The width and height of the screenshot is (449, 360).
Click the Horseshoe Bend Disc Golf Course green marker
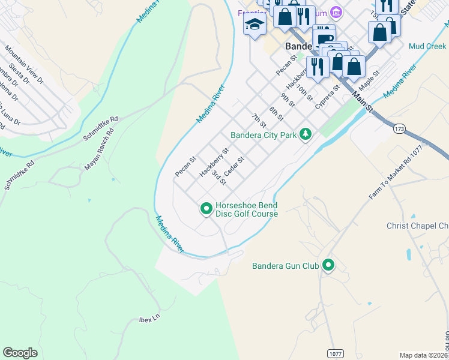pyautogui.click(x=206, y=209)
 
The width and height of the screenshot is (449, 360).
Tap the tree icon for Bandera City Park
pyautogui.click(x=306, y=134)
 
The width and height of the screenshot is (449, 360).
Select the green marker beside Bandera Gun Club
pyautogui.click(x=328, y=265)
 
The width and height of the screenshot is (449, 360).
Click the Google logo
pyautogui.click(x=20, y=352)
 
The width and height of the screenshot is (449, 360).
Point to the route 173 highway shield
pyautogui.click(x=399, y=128)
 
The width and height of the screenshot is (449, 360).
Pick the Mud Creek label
pyautogui.click(x=427, y=46)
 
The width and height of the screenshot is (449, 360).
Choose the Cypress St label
pyautogui.click(x=328, y=96)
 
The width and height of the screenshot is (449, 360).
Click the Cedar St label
pyautogui.click(x=233, y=167)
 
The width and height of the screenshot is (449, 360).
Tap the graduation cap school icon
pyautogui.click(x=255, y=25)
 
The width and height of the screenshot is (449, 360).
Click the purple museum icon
pyautogui.click(x=336, y=13)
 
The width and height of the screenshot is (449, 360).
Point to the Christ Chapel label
pyautogui.click(x=417, y=226)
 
